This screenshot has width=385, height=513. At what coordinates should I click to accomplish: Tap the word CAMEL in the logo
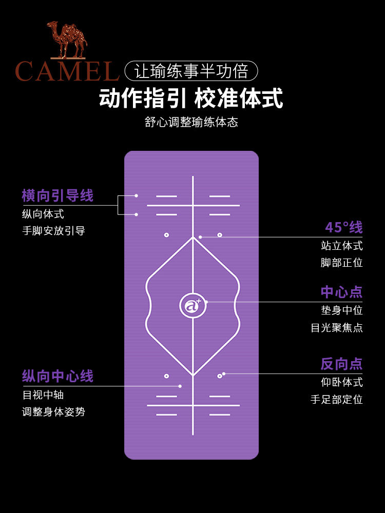[x=67, y=71]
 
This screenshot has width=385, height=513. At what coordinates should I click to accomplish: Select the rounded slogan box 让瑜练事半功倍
[x=191, y=71]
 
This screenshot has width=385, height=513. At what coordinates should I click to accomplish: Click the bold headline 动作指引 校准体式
[x=191, y=99]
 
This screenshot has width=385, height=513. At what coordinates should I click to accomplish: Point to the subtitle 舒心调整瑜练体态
[x=191, y=123]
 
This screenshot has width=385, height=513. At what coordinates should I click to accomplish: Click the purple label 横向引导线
[x=57, y=195]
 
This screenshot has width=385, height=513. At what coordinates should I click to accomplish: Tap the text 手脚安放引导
[x=53, y=231]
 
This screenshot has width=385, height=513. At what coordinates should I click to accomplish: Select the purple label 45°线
[x=344, y=227]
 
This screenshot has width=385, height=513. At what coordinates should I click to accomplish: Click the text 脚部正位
[x=342, y=263]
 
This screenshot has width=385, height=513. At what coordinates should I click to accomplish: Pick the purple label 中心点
[x=342, y=292]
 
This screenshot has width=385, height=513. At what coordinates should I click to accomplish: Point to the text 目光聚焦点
[x=337, y=327]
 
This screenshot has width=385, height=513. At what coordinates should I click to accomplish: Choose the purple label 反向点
[x=342, y=364]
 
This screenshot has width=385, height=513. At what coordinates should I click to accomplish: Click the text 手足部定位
[x=337, y=399]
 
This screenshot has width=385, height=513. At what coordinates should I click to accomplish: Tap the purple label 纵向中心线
[x=57, y=376]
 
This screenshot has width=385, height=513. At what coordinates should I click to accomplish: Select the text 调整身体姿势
[x=53, y=411]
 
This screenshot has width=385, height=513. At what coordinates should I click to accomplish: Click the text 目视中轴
[x=43, y=395]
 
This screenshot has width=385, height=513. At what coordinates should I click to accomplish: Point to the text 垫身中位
[x=342, y=310]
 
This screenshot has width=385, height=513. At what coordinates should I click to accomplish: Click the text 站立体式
[x=342, y=245]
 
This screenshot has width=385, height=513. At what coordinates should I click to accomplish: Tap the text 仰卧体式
[x=342, y=382]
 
